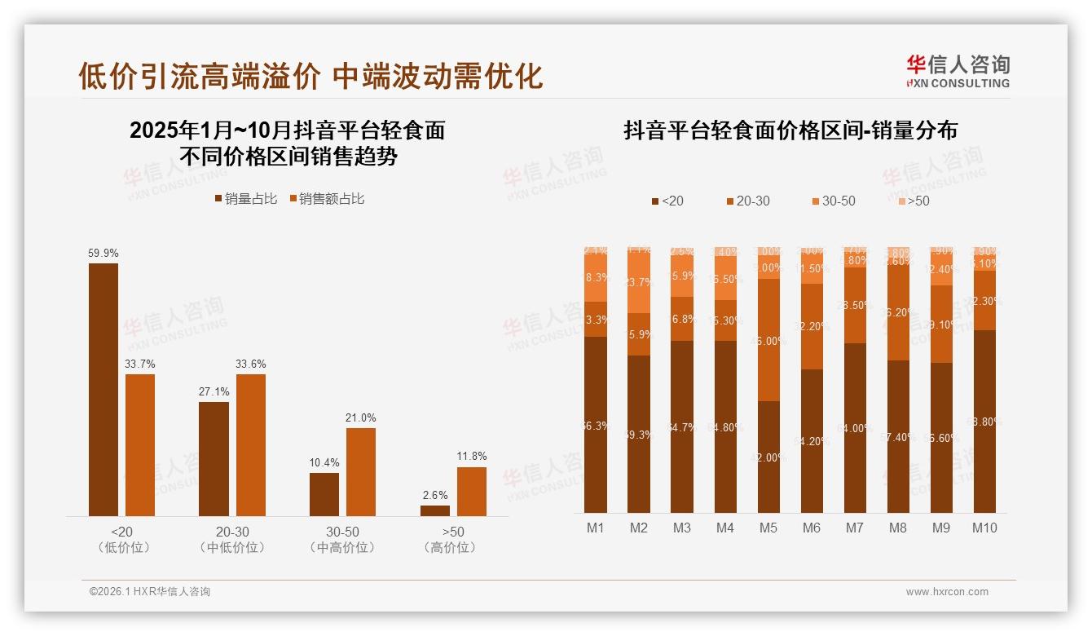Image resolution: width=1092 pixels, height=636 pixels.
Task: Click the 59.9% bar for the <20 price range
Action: [103, 389]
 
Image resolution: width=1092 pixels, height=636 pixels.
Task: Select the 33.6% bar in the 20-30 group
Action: [251, 444]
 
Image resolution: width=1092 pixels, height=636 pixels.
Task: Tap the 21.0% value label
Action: [361, 418]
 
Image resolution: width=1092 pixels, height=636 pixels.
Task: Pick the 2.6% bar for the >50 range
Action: [435, 510]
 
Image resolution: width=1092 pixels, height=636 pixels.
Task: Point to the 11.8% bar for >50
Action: [472, 491]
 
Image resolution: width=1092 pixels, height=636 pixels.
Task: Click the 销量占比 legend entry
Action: [246, 199]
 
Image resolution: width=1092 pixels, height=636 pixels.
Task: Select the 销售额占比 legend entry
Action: [327, 199]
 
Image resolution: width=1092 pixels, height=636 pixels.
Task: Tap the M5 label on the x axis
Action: [768, 528]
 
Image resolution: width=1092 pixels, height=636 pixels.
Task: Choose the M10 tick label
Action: [984, 528]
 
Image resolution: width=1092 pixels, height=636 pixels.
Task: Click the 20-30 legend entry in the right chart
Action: [746, 201]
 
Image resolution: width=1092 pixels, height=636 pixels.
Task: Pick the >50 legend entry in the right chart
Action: [914, 201]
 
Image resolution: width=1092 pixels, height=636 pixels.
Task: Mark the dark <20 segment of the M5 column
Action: [768, 457]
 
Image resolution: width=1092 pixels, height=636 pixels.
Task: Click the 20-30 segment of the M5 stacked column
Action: [768, 340]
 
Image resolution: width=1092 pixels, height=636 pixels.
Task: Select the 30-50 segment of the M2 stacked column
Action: [639, 283]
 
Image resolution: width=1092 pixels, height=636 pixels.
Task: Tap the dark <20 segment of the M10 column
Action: [984, 421]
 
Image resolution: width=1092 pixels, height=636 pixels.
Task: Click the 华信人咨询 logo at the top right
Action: [958, 71]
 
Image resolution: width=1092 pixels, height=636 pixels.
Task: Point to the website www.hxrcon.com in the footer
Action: [947, 592]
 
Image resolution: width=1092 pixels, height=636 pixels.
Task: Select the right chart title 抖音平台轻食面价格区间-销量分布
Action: [790, 130]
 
